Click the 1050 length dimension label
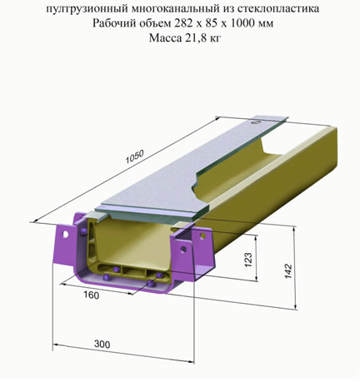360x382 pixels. tap(135, 157)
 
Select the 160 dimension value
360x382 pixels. tap(92, 295)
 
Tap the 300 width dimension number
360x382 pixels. tap(102, 345)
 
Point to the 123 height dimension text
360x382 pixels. tap(248, 260)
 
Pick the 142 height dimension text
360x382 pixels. tap(288, 270)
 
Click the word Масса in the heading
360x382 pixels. tap(164, 37)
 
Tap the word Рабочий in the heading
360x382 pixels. tap(113, 23)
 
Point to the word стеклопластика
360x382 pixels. tap(278, 8)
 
